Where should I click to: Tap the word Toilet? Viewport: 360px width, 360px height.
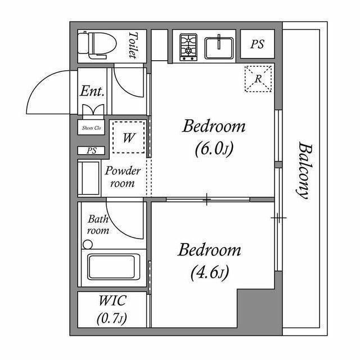point(133,44)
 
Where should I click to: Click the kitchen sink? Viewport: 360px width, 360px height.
point(220,47)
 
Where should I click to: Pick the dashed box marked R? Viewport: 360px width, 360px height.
point(258,79)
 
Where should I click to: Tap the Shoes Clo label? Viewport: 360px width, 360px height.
point(91,128)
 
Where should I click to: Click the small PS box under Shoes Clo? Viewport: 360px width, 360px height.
point(91,151)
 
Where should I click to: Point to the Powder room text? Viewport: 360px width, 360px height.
point(123,177)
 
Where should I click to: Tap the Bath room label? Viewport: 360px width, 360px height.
point(98,225)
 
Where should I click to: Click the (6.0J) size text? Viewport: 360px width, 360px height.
point(214,149)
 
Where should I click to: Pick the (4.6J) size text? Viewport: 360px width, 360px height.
point(210,273)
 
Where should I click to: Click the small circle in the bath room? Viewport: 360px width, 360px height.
point(87,245)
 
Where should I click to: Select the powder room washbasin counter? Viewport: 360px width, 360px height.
point(89,178)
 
